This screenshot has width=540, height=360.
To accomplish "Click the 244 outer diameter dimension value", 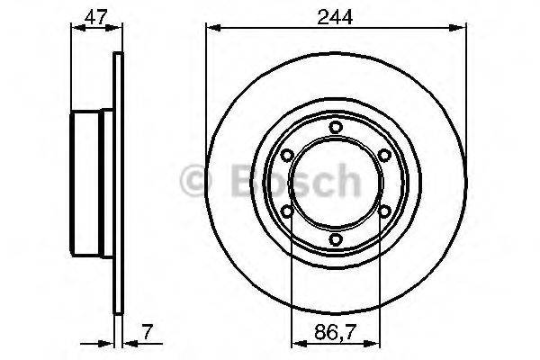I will [x=337, y=13].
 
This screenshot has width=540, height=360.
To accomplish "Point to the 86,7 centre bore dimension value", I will [x=336, y=331].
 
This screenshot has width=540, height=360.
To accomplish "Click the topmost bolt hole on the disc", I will [x=336, y=128].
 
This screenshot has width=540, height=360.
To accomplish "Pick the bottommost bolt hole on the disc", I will [x=336, y=239].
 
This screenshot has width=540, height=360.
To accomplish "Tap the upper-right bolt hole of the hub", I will [x=384, y=156].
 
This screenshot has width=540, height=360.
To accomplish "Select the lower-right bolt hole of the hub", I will [x=384, y=211].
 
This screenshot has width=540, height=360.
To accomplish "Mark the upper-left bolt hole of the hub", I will [x=287, y=156].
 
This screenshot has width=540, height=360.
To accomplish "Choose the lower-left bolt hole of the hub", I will [x=287, y=211].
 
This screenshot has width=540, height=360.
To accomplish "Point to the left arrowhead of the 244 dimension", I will [x=212, y=29].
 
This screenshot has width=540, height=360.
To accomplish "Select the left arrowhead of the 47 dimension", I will [x=76, y=29].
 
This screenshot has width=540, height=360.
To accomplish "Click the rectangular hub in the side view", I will [x=90, y=184].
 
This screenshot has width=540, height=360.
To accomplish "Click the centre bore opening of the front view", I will [x=336, y=184].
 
